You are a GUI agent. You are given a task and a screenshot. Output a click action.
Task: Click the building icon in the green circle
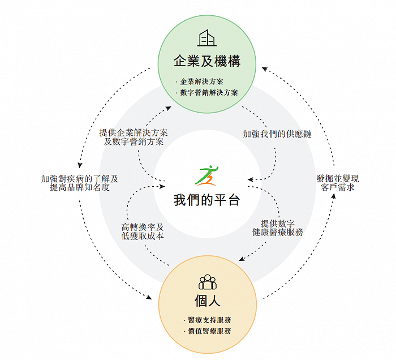pos(207,38)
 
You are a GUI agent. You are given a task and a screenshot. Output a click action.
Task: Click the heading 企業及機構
pos(207,61)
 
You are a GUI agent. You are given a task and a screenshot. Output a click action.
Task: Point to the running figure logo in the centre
pos(206,176)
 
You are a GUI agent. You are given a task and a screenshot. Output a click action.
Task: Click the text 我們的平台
pos(206,200)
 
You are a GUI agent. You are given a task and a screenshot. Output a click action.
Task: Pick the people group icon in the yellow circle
pos(208,282)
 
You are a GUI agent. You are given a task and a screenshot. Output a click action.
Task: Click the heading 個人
pos(208,301)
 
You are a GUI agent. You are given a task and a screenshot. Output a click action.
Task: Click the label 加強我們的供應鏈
pos(277,134)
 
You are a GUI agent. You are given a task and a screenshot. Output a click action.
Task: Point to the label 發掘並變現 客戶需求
pos(338,183)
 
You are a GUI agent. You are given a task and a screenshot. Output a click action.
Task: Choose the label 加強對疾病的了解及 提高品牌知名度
pos(80,183)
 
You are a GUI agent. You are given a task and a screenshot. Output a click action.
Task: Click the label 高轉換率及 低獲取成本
pos(143,232)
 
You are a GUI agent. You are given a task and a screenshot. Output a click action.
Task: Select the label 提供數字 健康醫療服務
pos(278,228)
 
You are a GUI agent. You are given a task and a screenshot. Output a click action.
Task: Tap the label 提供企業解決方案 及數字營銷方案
pos(134,137)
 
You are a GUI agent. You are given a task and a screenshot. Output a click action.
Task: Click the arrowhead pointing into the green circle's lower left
pos(169,108)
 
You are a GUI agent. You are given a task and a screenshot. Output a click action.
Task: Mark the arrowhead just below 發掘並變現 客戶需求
pos(333,195)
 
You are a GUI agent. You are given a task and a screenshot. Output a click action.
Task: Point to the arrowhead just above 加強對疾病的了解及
pos(80,165)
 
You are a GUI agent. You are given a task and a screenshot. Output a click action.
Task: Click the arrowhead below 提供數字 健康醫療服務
pos(242,259)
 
